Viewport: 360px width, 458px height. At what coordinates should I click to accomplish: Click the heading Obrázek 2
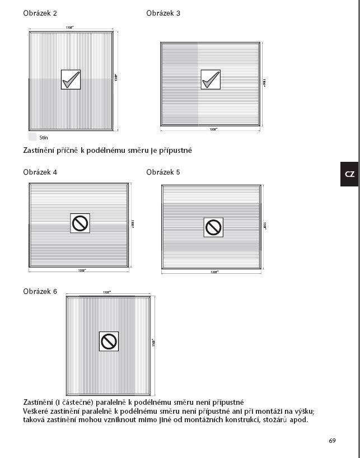click(x=40, y=13)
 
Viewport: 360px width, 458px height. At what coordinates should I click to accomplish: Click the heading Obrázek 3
click(x=163, y=13)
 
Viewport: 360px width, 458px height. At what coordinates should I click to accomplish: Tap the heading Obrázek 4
click(x=40, y=172)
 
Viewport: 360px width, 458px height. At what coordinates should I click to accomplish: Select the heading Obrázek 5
click(x=163, y=172)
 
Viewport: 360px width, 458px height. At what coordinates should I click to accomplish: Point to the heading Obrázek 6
click(x=40, y=292)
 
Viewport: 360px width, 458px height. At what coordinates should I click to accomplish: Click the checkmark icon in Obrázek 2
click(x=71, y=80)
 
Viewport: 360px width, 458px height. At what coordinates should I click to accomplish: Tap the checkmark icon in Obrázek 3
click(x=211, y=80)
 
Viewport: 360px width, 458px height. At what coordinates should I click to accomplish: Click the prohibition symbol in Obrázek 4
click(x=80, y=223)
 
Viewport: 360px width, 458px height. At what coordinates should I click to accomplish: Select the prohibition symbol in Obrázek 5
click(x=213, y=227)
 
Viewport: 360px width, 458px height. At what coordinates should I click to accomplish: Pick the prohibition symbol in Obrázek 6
click(x=109, y=341)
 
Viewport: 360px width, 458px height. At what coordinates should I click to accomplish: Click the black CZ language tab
click(x=349, y=174)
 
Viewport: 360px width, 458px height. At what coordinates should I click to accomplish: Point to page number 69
click(x=332, y=441)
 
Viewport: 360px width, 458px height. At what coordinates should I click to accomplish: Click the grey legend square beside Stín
click(x=32, y=137)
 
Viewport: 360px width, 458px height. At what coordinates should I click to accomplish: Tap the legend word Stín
click(x=44, y=137)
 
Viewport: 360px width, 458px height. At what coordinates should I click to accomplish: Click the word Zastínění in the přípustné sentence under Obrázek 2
click(x=43, y=151)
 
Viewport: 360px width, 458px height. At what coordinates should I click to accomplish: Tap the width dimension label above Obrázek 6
click(x=107, y=292)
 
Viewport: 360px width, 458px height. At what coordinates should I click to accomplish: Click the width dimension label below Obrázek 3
click(x=213, y=129)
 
